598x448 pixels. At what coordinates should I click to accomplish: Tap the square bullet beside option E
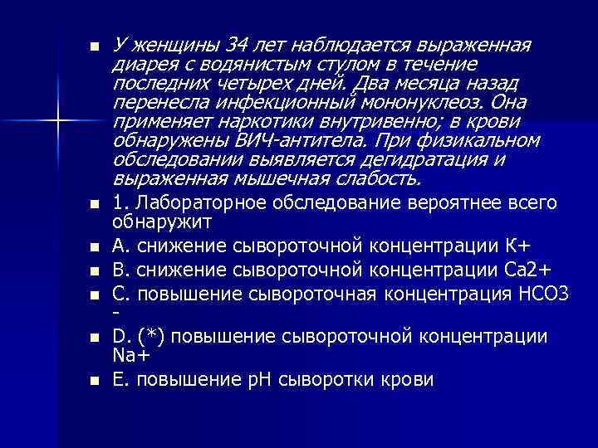[x=94, y=381]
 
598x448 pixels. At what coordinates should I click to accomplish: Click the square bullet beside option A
[x=94, y=248]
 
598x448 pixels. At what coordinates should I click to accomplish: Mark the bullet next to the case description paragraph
[x=94, y=45]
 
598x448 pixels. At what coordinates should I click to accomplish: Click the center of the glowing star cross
[x=57, y=122]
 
